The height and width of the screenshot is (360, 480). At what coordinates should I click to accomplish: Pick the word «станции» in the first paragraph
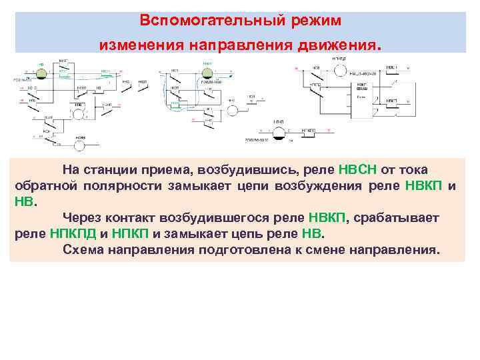pyautogui.click(x=114, y=169)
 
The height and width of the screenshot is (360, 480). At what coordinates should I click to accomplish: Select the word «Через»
pyautogui.click(x=82, y=218)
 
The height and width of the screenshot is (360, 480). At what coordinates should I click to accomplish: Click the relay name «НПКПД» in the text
pyautogui.click(x=72, y=234)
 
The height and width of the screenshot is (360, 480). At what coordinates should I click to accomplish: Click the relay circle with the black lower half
pyautogui.click(x=279, y=133)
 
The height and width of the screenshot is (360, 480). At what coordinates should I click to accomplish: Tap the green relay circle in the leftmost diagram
pyautogui.click(x=41, y=67)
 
